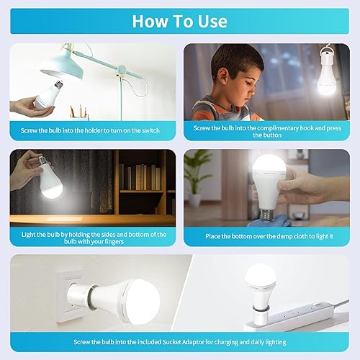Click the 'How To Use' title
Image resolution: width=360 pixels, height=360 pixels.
[x=180, y=21]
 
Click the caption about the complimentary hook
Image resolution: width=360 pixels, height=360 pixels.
[x=266, y=130]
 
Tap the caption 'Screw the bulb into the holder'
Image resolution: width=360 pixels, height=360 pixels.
[x=94, y=130]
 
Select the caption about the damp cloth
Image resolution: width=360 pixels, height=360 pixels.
[x=266, y=236]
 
